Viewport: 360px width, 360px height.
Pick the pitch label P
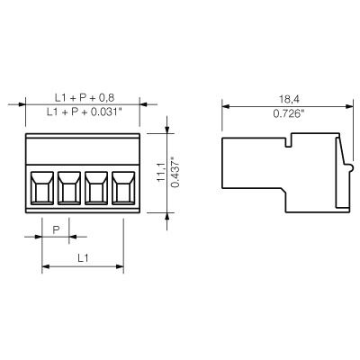(x=55, y=230)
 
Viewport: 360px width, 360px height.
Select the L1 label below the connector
(x=82, y=257)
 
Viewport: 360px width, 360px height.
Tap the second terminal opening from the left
(x=70, y=190)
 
